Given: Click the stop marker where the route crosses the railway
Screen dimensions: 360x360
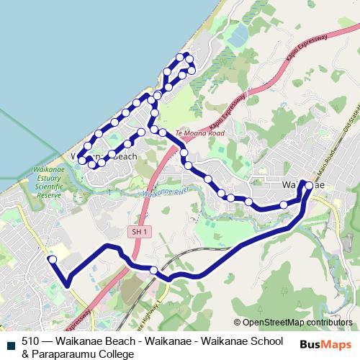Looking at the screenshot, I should (154, 270).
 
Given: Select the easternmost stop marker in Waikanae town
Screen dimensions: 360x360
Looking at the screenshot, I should (309, 186).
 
